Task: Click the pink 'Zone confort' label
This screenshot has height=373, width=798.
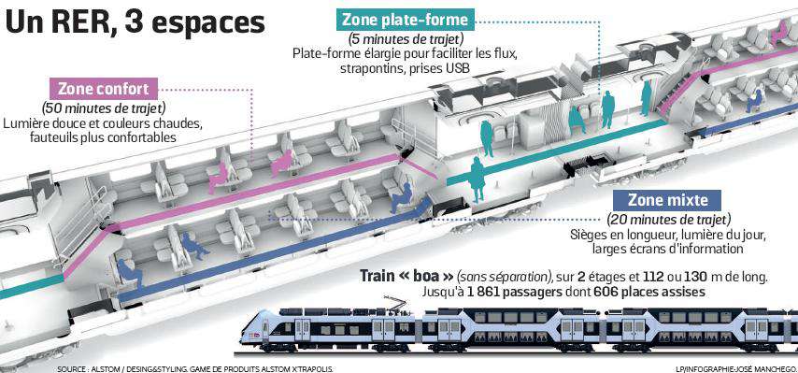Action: click(x=103, y=90)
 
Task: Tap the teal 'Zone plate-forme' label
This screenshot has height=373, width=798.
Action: click(x=406, y=20)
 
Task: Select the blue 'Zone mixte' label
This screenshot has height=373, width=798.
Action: click(x=667, y=200)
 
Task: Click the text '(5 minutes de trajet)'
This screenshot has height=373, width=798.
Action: click(x=405, y=39)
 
